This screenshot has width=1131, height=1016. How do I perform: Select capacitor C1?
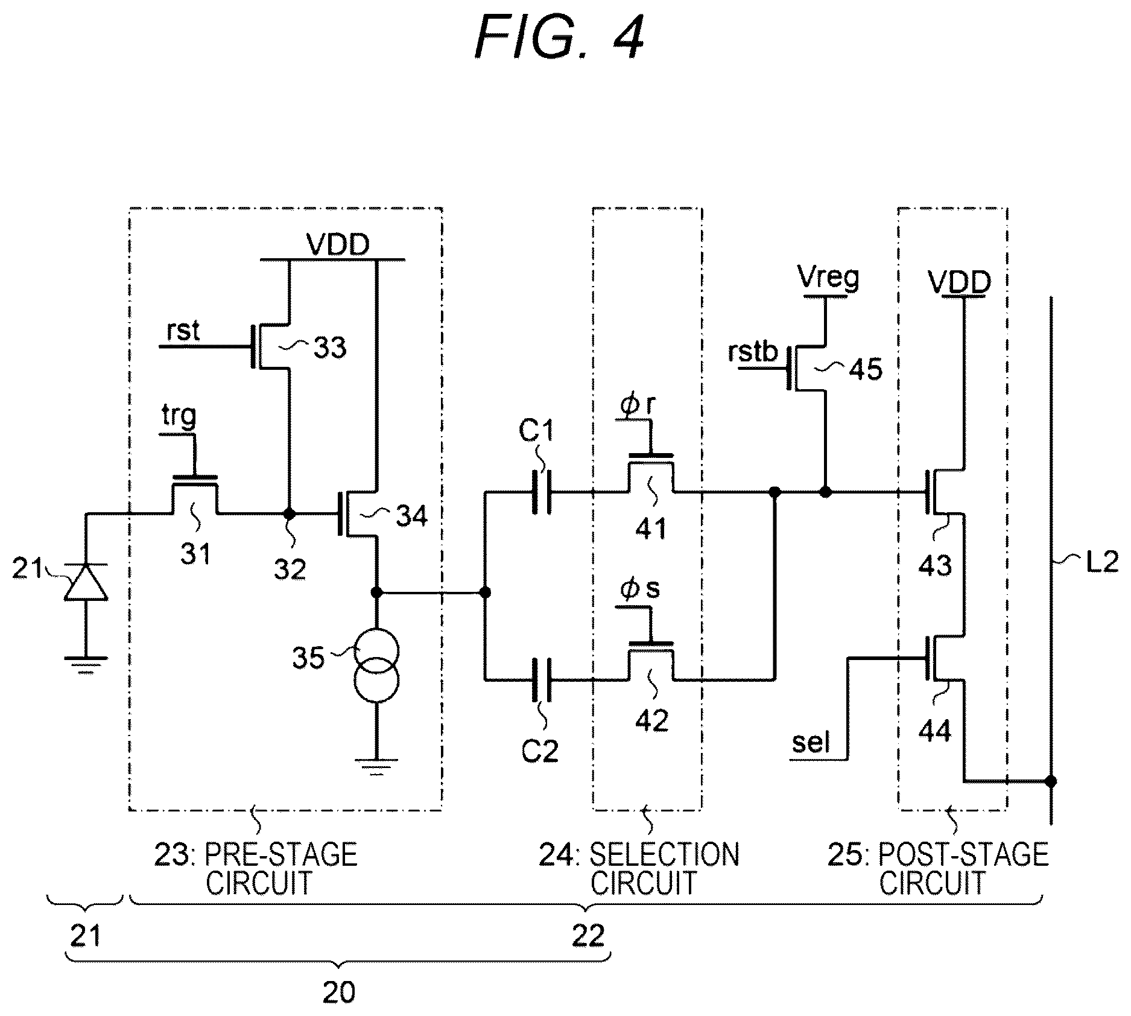point(541,492)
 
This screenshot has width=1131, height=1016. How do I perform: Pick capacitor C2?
point(541,681)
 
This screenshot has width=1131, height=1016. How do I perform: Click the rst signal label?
point(183,331)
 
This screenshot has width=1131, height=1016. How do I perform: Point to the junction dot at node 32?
point(290,514)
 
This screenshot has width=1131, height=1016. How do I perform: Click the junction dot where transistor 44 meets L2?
point(1051,781)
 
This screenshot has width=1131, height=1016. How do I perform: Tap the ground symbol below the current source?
point(376,768)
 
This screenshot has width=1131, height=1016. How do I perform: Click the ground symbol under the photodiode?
point(86,664)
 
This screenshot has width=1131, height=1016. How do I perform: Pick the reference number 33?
point(329,348)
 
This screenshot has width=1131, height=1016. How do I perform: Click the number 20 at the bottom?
point(339,992)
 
